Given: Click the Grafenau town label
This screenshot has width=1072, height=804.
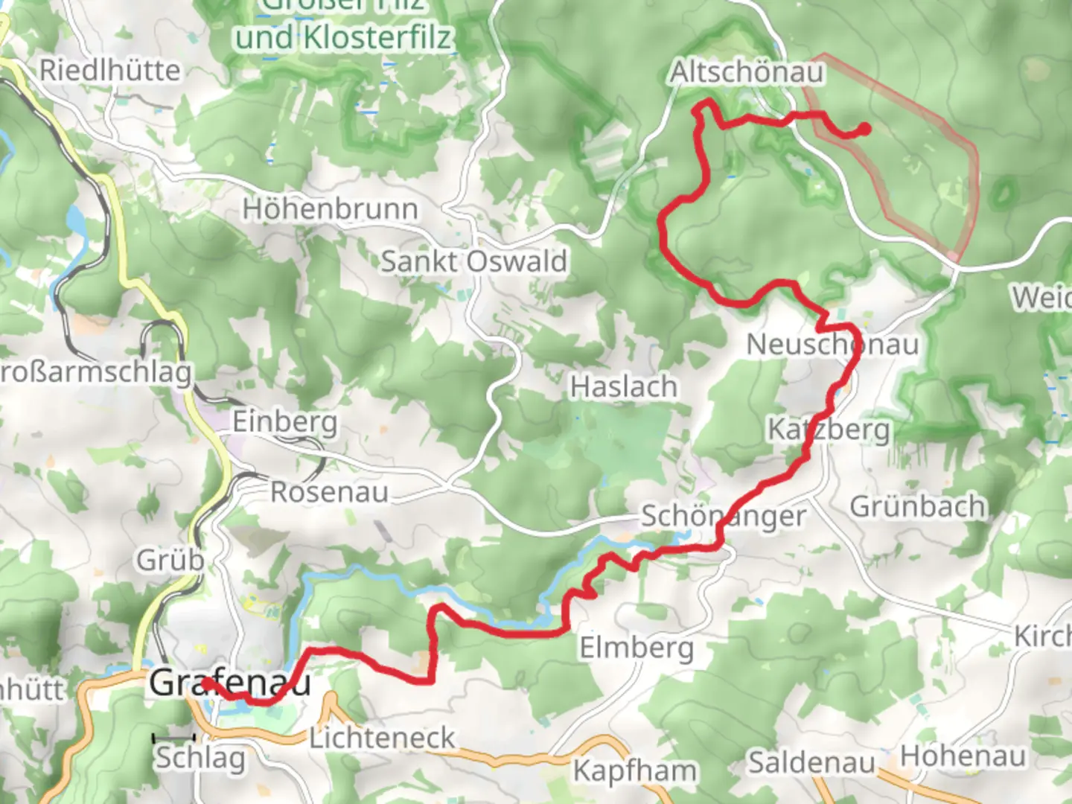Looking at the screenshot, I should tap(229, 683).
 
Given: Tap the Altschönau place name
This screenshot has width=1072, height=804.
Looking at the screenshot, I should tap(747, 73).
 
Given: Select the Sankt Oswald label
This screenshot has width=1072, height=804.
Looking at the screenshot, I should tap(473, 262).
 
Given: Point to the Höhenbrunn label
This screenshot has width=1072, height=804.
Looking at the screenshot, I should tap(330, 210).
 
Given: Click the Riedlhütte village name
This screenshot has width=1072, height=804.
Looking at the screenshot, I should tap(109, 71).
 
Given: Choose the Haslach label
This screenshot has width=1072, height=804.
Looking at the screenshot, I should tap(624, 387).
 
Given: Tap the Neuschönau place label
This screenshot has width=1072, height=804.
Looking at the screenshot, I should tap(832, 345).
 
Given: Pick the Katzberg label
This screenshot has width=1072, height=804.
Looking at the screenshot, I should tap(829, 430).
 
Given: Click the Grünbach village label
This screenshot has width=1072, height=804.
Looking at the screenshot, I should tap(917, 507).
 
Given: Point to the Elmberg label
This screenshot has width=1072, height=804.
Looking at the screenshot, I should tap(636, 648).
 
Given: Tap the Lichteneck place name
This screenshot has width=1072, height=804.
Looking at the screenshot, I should tap(382, 738).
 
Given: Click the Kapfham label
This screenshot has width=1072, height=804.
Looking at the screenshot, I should tap(635, 770).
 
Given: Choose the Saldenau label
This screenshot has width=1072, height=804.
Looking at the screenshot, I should tap(811, 763).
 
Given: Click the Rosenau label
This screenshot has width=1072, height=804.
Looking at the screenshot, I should tap(329, 492).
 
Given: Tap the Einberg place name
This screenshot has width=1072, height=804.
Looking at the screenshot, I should tap(284, 422).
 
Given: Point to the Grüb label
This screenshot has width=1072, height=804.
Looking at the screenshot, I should tap(170, 560).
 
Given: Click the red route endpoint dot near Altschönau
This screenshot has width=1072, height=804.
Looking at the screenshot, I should tap(864, 130).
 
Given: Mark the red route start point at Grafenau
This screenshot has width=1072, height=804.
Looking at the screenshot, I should tap(205, 682).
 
